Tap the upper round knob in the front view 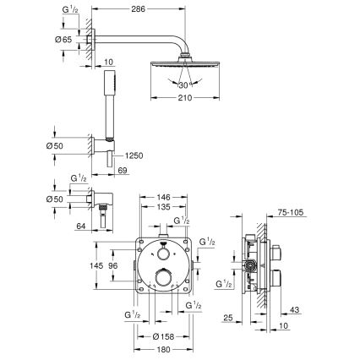(161, 254)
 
